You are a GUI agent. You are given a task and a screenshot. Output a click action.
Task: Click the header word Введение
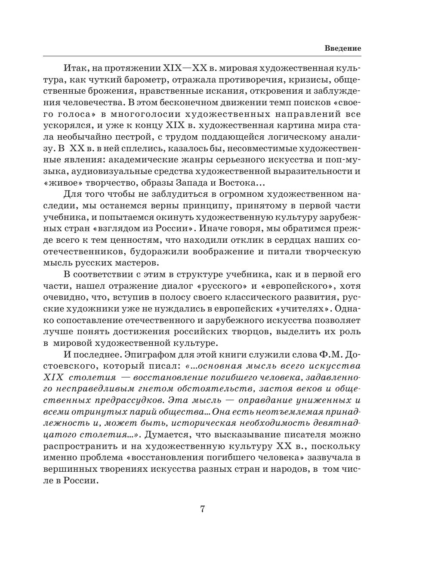(342, 48)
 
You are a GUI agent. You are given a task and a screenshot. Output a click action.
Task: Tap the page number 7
(202, 510)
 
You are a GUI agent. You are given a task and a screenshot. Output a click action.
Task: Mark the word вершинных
(70, 469)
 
